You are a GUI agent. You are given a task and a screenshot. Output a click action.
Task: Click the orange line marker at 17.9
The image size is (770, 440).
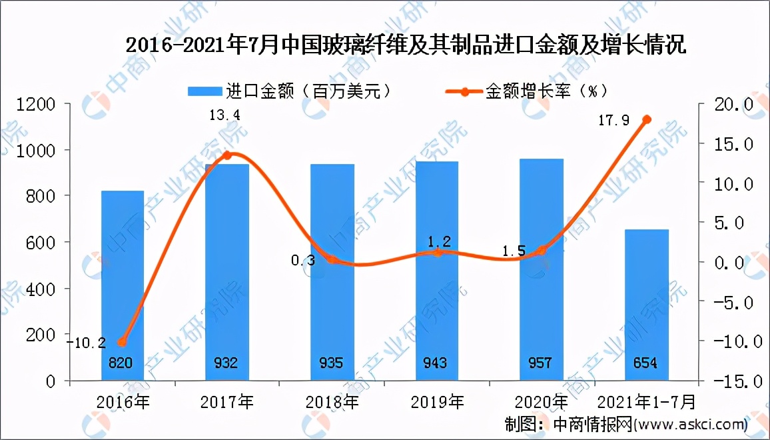pyautogui.click(x=646, y=120)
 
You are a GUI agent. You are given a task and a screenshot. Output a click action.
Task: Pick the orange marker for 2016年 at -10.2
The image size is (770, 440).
pyautogui.click(x=121, y=342)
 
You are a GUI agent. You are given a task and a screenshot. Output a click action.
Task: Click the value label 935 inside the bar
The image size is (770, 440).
pyautogui.click(x=331, y=363)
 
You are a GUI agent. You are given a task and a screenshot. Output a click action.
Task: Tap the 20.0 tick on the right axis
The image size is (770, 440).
pyautogui.click(x=733, y=104)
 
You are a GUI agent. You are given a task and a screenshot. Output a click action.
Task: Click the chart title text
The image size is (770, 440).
pyautogui.click(x=405, y=47)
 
